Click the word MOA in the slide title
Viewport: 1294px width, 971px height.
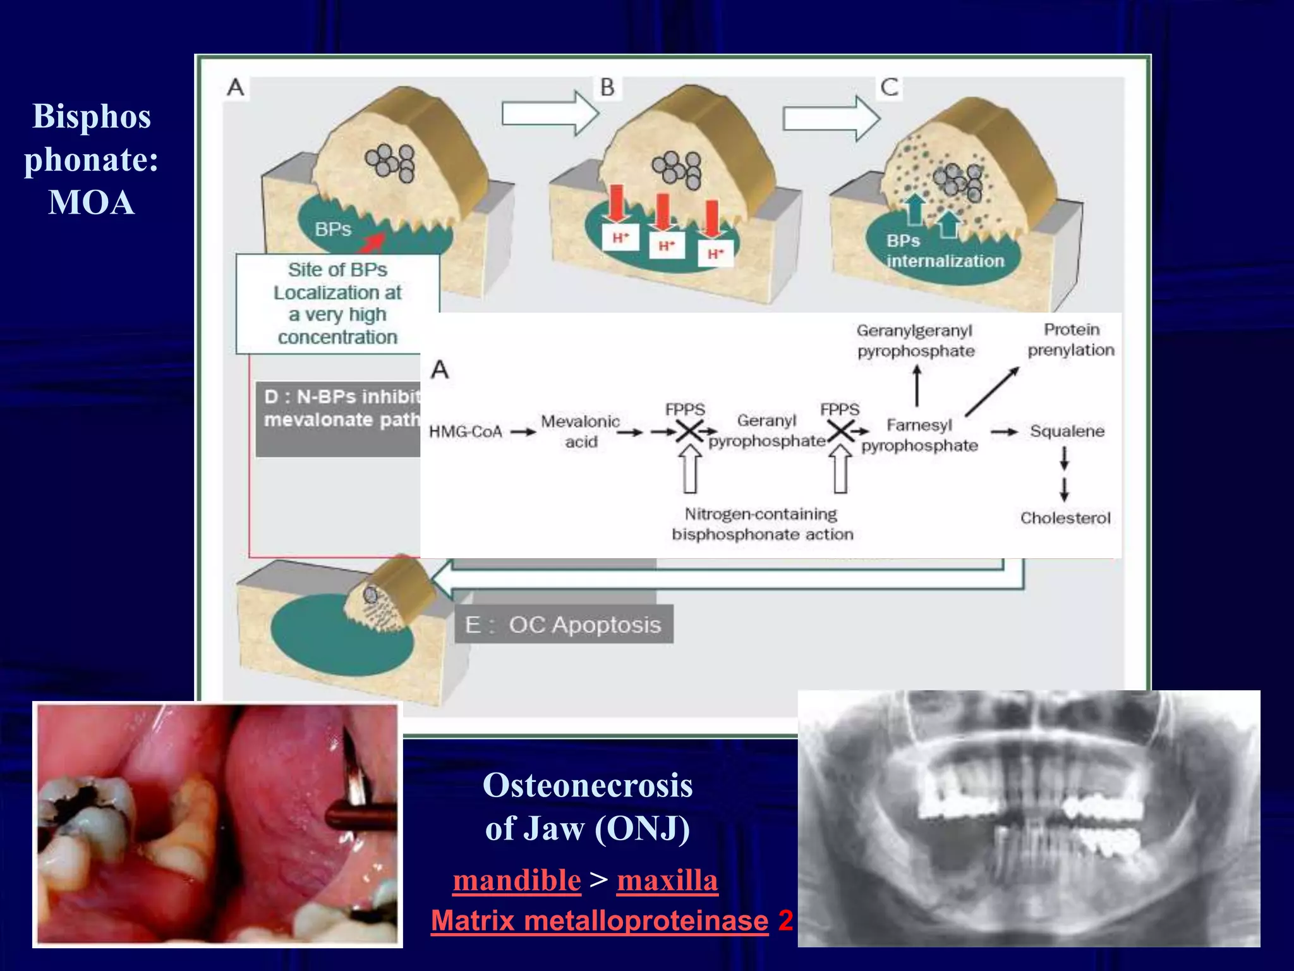click(x=92, y=203)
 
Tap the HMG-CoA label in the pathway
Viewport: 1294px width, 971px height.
click(x=466, y=432)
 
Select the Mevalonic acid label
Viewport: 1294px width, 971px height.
click(x=580, y=431)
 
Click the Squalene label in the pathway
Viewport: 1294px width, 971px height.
click(x=1067, y=431)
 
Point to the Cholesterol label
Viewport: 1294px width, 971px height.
click(x=1065, y=518)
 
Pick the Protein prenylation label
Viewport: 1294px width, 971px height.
click(x=1071, y=339)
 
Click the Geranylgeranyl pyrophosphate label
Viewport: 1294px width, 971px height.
click(x=916, y=341)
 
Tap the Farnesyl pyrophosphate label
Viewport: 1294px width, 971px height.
click(x=919, y=435)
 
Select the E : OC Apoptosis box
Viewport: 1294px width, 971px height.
click(x=564, y=625)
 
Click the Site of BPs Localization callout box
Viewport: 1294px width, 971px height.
click(x=337, y=303)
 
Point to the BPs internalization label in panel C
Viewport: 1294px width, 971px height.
click(x=945, y=251)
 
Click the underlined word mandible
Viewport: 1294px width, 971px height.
click(x=517, y=880)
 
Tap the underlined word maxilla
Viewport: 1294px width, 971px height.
click(x=667, y=880)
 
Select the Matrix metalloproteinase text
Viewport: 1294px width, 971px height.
click(x=600, y=920)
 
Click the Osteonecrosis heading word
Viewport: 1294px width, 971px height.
click(x=588, y=785)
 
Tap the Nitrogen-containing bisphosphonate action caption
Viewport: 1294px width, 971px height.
click(x=762, y=524)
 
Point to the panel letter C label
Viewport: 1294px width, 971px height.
click(x=890, y=87)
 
